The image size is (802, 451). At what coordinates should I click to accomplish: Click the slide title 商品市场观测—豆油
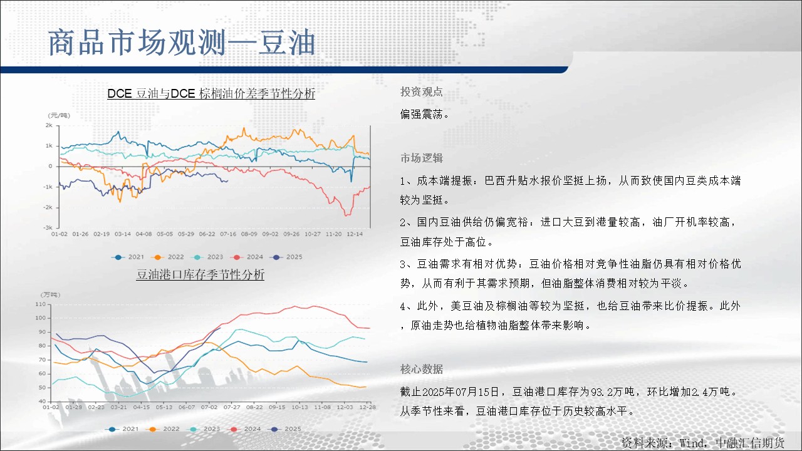[182, 43]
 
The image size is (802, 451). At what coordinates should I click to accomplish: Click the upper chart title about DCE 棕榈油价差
[211, 94]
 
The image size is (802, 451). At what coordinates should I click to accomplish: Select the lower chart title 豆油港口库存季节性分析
[200, 274]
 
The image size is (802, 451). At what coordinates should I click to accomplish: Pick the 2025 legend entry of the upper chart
[288, 257]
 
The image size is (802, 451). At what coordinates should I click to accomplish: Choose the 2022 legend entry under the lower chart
[164, 429]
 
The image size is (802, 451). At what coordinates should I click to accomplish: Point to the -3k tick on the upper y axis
[48, 227]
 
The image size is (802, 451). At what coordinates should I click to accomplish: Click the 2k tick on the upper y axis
[49, 125]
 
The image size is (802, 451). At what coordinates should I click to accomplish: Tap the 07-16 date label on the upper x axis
[228, 234]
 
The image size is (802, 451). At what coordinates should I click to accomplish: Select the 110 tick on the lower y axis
[41, 304]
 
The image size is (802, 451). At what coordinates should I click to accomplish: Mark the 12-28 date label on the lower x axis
[368, 407]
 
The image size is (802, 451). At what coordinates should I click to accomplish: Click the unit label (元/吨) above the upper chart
[59, 115]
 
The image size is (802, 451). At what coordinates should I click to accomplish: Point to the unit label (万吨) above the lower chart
[51, 294]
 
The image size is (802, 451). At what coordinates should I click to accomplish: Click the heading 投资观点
[422, 92]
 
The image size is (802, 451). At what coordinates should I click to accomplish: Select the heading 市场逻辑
[422, 158]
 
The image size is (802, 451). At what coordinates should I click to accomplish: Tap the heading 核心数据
[422, 369]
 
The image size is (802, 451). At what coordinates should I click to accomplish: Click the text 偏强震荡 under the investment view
[422, 114]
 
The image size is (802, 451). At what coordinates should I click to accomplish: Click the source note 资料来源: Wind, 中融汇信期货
[702, 443]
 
